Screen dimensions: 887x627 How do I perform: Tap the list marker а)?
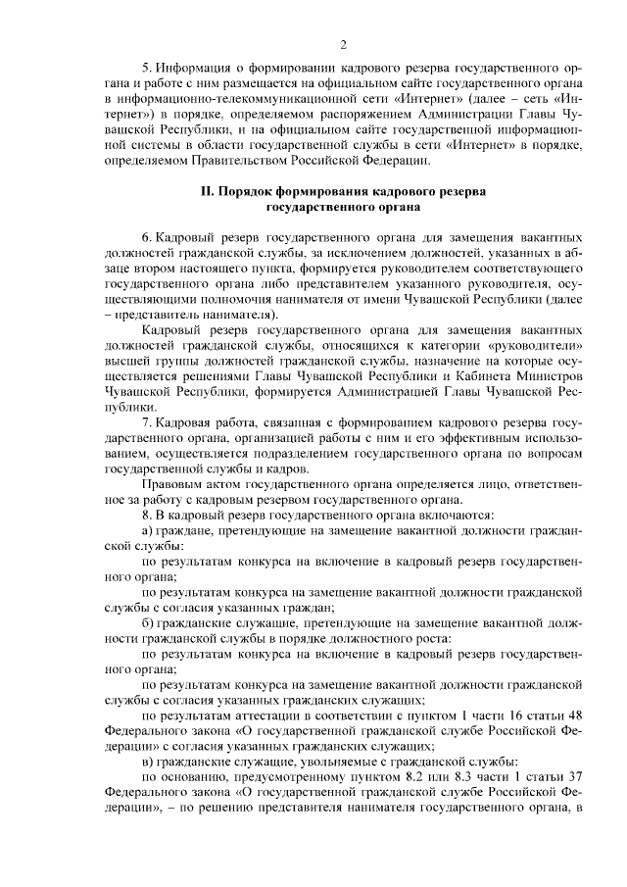(148, 530)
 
